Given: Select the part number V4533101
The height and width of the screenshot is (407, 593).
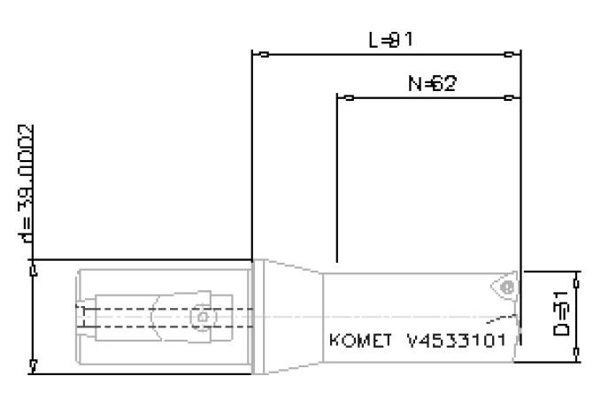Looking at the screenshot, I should coord(455,341).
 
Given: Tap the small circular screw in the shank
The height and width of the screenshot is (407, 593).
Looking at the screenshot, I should coord(203,316).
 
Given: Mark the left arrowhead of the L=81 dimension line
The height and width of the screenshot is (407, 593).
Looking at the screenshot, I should coord(258,55).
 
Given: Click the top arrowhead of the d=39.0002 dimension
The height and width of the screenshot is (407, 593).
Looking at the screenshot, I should coord(34,266).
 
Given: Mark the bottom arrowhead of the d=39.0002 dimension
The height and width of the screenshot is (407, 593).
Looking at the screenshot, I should coord(34,365).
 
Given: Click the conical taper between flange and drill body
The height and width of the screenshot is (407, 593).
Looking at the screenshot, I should coord(292,317).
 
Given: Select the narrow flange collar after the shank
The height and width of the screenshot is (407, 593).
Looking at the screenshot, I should coord(258,317).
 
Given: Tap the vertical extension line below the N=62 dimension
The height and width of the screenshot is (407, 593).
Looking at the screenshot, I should coord(337,177).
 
